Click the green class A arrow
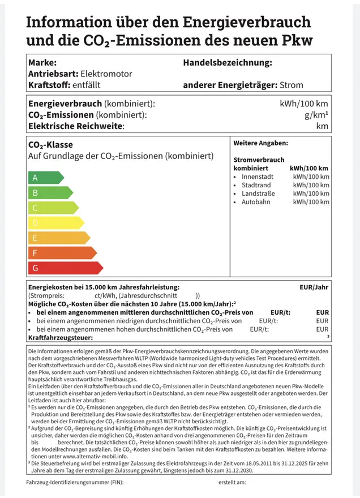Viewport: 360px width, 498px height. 45,178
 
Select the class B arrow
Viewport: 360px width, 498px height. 49,193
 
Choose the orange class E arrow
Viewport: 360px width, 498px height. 59,238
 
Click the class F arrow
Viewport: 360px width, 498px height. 62,252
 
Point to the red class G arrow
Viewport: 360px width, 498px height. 65,268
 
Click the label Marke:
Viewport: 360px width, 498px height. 42,62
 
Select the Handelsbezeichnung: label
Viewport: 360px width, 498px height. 228,62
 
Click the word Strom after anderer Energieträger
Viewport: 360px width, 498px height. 292,85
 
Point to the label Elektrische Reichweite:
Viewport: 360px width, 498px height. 76,126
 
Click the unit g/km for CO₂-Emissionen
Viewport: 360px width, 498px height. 316,115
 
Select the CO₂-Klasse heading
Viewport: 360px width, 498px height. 50,145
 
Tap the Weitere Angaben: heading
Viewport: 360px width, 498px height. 260,144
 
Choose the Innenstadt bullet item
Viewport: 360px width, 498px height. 258,177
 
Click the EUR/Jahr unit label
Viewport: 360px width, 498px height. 314,287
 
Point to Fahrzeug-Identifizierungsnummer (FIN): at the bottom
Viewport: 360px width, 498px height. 74,483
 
